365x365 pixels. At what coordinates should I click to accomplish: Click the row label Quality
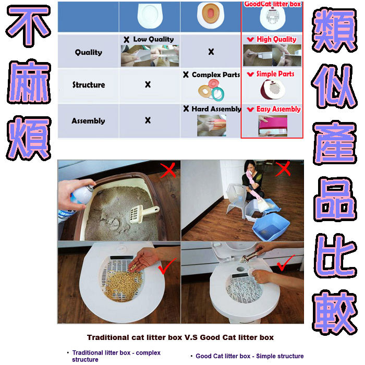89,52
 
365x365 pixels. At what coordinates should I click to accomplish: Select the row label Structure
89,84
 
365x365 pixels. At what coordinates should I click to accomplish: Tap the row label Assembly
88,121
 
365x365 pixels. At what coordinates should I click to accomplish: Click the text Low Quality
153,39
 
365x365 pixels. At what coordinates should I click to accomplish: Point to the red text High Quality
276,39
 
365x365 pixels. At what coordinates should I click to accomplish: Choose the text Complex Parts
216,75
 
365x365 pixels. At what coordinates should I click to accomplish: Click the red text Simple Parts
275,74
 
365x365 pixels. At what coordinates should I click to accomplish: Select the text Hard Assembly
216,108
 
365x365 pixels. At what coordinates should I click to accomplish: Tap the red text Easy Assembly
278,109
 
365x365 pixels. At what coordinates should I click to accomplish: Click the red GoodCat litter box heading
273,4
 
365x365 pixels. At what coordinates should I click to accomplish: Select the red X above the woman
283,169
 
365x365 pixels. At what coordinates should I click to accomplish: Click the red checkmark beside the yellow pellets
167,265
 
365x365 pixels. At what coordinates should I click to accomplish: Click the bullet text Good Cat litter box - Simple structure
250,356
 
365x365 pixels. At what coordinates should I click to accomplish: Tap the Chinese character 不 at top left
28,26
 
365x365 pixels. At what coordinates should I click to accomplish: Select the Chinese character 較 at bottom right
335,312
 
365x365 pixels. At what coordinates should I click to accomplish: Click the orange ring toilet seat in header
210,14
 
